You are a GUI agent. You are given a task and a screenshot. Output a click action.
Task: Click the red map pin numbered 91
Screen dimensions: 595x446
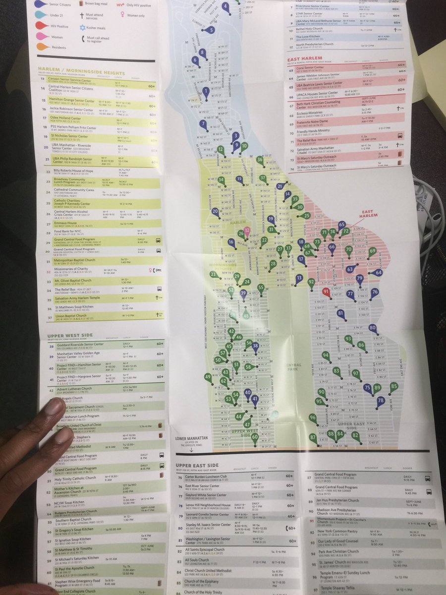tap(326, 292)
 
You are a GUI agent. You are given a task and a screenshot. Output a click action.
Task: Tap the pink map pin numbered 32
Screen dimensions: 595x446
tap(247, 230)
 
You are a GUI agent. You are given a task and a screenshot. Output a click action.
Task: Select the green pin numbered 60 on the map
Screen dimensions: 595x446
tap(255, 437)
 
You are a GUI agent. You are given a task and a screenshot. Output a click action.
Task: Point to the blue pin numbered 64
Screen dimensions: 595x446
tap(379, 272)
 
